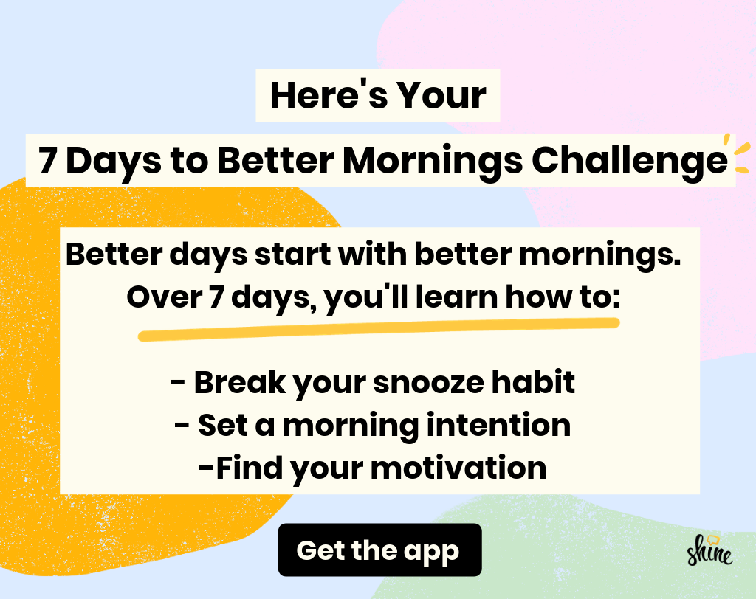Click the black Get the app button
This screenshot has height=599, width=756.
pyautogui.click(x=380, y=550)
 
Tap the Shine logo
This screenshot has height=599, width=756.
pyautogui.click(x=709, y=550)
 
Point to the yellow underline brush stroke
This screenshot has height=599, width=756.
pyautogui.click(x=379, y=330)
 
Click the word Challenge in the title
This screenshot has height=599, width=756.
pyautogui.click(x=629, y=162)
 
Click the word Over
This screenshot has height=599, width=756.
pyautogui.click(x=164, y=297)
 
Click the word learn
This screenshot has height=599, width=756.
pyautogui.click(x=456, y=297)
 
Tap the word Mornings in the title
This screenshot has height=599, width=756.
pyautogui.click(x=433, y=162)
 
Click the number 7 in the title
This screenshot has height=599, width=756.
pyautogui.click(x=47, y=161)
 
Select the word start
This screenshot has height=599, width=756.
pyautogui.click(x=292, y=255)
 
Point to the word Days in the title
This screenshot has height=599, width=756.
pyautogui.click(x=113, y=162)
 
